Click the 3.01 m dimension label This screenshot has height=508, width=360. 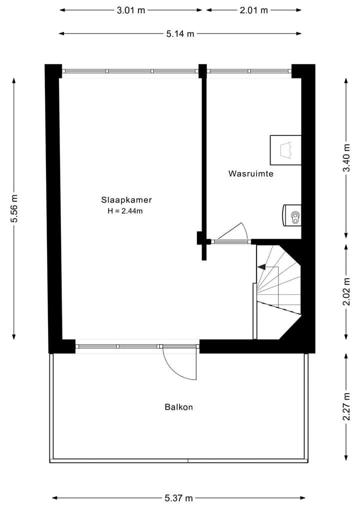tap(130, 10)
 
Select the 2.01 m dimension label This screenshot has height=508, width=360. tap(253, 10)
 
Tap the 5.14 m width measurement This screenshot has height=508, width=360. tap(180, 34)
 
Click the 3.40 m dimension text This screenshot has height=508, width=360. tap(346, 158)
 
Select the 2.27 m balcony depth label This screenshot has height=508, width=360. tap(346, 407)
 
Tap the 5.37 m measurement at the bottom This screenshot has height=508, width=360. tap(178, 498)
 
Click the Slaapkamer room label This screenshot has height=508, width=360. tap(126, 200)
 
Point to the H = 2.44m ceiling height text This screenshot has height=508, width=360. tap(125, 211)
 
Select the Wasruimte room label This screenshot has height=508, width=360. tap(251, 174)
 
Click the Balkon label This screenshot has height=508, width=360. tap(178, 407)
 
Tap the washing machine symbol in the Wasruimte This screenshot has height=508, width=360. tap(292, 215)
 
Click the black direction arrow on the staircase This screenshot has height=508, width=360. tap(261, 267)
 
